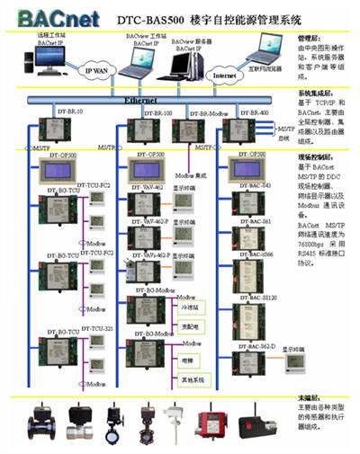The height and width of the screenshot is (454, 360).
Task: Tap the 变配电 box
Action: click(189, 325)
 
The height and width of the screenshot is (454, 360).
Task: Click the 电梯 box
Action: click(188, 359)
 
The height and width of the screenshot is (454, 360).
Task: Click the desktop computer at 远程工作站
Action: click(47, 58)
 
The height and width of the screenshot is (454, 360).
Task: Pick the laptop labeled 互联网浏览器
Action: click(267, 49)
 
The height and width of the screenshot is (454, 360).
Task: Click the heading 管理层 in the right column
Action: click(309, 40)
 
